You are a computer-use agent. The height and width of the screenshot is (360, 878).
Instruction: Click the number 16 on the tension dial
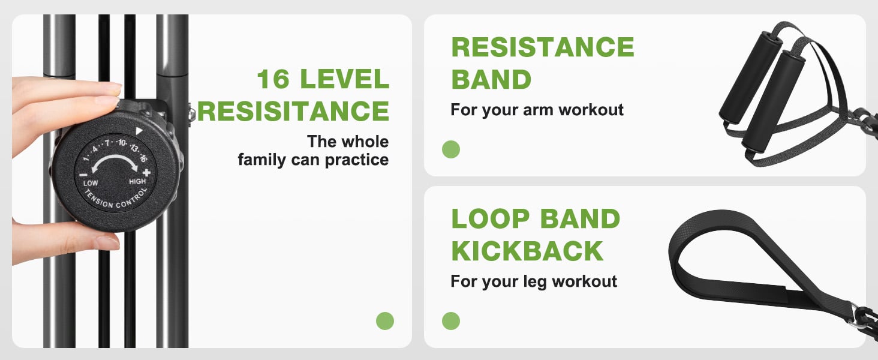143,158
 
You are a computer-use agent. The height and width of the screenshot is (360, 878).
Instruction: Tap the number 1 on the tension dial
86,158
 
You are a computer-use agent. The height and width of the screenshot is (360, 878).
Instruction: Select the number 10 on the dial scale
122,142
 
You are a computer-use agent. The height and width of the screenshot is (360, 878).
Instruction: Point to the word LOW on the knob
91,183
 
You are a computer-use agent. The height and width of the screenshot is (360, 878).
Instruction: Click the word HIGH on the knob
137,181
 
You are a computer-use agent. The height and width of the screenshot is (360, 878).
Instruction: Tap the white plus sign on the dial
146,173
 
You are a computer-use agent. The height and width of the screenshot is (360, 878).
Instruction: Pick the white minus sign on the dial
83,175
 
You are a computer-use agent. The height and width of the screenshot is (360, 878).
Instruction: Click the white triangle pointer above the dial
139,131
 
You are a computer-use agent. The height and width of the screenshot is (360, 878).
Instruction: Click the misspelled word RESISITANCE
293,111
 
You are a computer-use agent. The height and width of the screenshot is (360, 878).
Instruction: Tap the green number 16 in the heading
273,79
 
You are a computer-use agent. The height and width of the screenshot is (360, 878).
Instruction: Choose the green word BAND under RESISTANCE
491,79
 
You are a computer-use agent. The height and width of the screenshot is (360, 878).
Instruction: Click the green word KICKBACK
527,251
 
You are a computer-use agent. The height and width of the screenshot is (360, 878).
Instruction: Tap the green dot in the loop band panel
451,321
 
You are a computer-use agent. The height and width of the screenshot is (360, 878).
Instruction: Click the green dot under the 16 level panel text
385,321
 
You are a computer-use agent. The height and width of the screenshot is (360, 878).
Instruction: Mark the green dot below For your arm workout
451,149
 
